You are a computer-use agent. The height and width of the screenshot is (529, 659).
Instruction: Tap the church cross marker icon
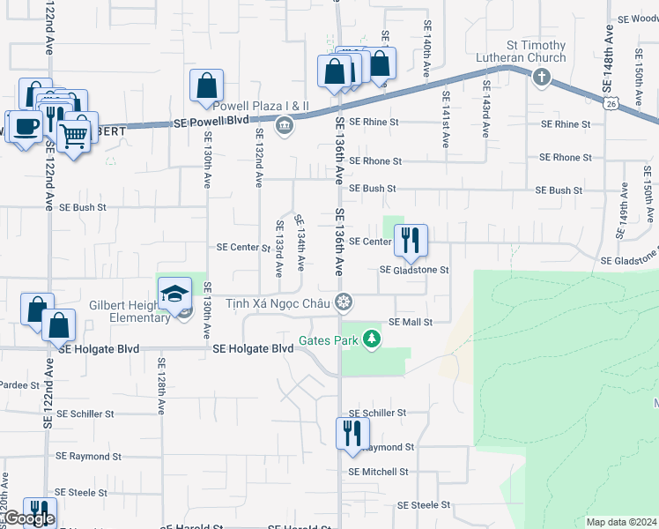click(541, 78)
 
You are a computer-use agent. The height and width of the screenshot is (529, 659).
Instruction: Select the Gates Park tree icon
click(373, 339)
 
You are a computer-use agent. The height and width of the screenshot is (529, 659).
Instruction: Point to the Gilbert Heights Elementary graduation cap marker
click(175, 293)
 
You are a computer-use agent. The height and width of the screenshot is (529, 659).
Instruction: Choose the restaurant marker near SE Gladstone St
click(411, 241)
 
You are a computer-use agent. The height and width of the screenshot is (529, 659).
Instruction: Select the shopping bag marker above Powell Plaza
click(206, 86)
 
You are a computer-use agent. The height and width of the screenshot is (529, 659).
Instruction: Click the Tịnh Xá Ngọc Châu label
click(278, 302)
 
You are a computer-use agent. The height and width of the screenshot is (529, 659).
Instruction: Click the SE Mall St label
click(411, 323)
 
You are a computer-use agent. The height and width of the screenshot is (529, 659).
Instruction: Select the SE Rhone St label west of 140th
click(374, 161)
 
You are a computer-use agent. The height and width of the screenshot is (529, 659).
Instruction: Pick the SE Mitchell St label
click(378, 472)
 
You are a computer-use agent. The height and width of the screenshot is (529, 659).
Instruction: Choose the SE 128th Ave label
click(162, 386)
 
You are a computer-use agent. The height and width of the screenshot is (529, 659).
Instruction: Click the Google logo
click(28, 518)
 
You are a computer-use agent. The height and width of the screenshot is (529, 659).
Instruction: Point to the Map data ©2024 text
click(620, 522)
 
